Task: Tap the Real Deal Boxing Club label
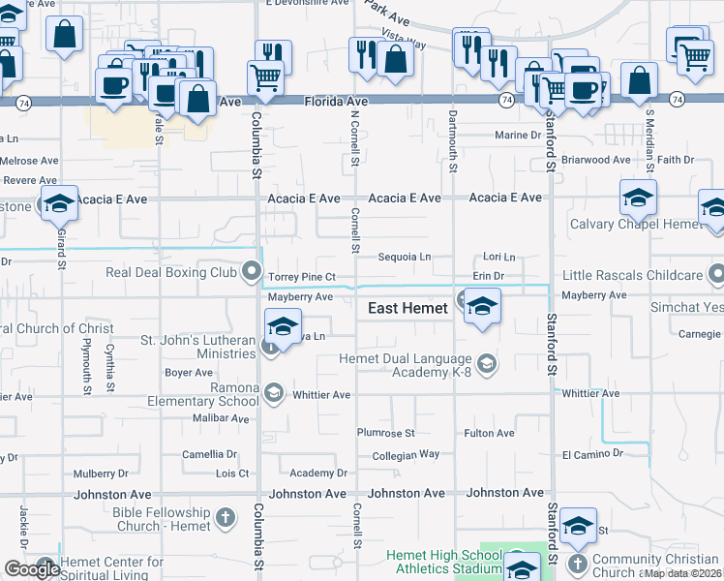[172, 272]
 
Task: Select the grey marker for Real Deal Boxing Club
[253, 270]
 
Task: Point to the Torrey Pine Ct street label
[302, 278]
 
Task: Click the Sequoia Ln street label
[404, 258]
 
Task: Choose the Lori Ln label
[498, 258]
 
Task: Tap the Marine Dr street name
[518, 136]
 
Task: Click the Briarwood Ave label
[595, 160]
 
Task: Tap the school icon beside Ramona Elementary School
[273, 392]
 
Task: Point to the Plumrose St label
[385, 433]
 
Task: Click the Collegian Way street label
[406, 454]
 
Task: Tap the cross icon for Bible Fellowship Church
[225, 517]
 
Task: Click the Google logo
[31, 569]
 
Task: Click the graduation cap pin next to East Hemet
[481, 307]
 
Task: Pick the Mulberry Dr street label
[101, 474]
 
